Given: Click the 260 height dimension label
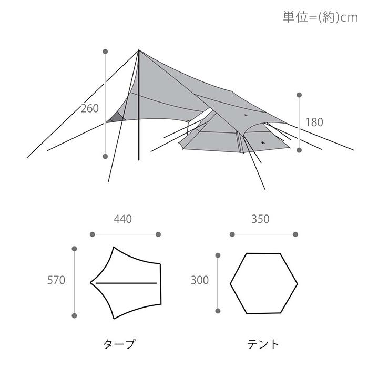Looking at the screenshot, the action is coord(90,109).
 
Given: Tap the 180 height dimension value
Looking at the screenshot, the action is coord(314,122).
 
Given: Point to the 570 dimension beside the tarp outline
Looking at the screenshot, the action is coord(56,280).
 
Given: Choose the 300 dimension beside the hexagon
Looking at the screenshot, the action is coord(200,280).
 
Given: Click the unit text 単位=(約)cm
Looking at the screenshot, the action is coord(320,17).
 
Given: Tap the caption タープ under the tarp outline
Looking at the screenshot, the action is coord(119,344).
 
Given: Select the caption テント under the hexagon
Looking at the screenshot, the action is coord(263,344).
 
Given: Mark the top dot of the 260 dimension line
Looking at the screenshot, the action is coord(105,52).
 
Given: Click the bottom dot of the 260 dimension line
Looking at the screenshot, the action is coord(105,156).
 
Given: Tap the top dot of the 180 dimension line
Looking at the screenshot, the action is coord(299,95).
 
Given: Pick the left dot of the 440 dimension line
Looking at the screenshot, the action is coord(91,234).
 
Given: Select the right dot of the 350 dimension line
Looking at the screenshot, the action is coord(295,234).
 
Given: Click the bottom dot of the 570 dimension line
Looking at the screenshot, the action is coord(75,315).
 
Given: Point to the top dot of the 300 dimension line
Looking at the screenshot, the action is coord(217,255).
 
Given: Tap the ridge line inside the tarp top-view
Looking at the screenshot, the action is coord(126,283).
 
